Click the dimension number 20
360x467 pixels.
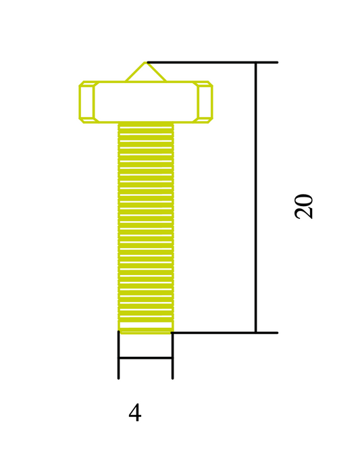coord(305,206)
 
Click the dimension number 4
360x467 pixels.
coord(135,413)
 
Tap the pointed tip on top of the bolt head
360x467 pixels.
coord(146,64)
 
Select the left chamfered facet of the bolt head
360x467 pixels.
coord(86,102)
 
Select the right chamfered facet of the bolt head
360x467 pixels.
coord(205,102)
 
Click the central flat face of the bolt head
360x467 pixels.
coord(145,102)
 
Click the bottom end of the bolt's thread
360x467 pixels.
coord(145,331)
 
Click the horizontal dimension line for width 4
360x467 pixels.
coord(145,358)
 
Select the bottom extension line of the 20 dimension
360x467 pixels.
coord(216,333)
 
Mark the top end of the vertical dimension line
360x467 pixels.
coord(256,63)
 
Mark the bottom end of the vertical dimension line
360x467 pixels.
coord(256,333)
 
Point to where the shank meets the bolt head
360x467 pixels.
coord(145,122)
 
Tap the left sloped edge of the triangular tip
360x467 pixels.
coord(136,72)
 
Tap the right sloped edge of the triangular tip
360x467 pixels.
coord(156,72)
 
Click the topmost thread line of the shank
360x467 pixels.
coord(145,127)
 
